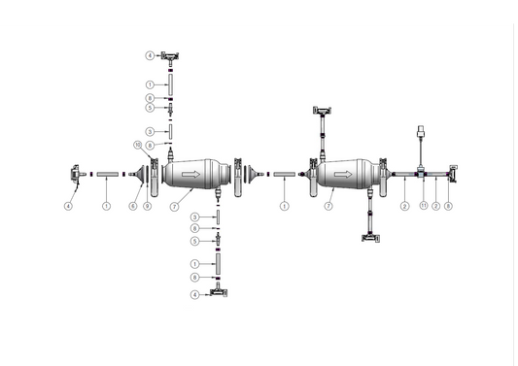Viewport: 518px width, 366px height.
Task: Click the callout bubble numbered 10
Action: tap(138, 145)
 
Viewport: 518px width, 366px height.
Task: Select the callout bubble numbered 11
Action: tap(423, 207)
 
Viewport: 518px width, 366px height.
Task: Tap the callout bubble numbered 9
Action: tap(147, 207)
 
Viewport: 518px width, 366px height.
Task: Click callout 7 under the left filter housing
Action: tap(174, 207)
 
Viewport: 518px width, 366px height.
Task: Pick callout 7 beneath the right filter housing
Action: tap(328, 207)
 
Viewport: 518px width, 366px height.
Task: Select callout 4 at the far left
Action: tap(69, 207)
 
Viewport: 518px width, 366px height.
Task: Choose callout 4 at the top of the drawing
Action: tap(150, 54)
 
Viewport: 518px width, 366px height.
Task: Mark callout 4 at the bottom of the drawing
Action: tap(194, 294)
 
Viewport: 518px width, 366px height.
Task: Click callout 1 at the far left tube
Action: tap(106, 207)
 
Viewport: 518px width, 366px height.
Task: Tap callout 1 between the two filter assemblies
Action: tap(284, 207)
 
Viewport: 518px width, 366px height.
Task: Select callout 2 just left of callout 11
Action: tap(403, 207)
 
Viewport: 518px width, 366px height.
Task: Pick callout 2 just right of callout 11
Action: tap(436, 207)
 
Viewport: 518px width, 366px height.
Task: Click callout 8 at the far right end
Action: tap(448, 207)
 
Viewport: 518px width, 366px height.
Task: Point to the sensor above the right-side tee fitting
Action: tap(420, 134)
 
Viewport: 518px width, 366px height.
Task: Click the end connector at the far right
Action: tap(452, 176)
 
